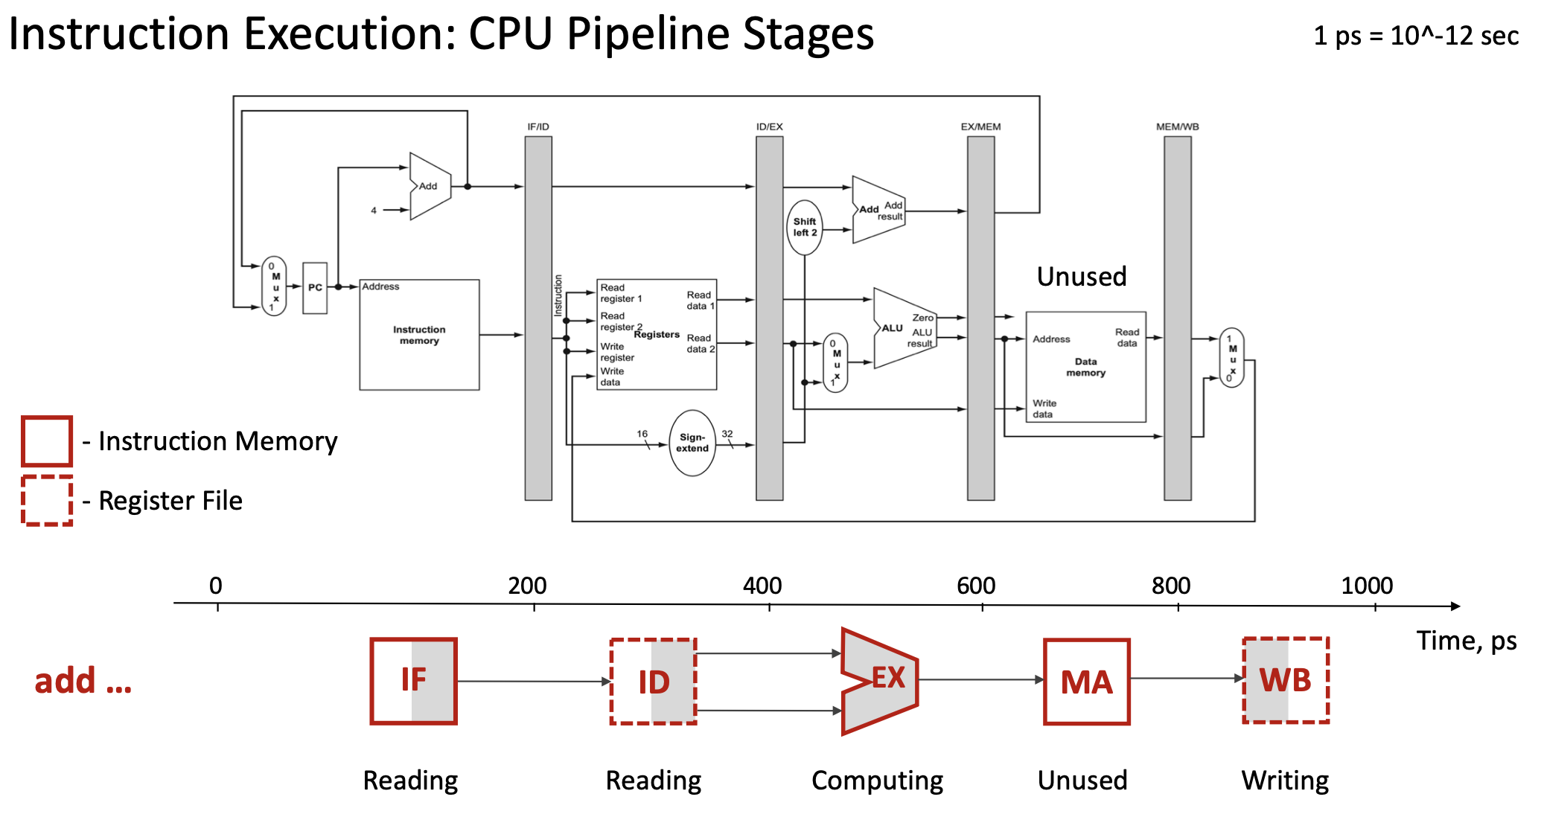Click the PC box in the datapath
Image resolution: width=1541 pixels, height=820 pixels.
[x=315, y=288]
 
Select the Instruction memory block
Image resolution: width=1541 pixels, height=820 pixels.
[x=419, y=335]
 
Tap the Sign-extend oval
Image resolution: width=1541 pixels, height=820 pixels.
[x=692, y=443]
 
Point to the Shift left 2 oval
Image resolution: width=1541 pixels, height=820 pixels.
[x=804, y=227]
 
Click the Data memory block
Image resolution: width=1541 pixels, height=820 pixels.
[x=1085, y=367]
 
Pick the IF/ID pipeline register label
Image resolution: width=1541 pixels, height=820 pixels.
[x=538, y=126]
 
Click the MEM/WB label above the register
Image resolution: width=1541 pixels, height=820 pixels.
[x=1177, y=126]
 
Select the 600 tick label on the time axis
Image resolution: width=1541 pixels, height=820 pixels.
[x=976, y=586]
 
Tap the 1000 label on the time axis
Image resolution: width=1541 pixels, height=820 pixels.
[x=1367, y=586]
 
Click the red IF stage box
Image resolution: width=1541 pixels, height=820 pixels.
[x=414, y=681]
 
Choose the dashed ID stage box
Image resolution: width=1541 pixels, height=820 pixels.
[x=654, y=682]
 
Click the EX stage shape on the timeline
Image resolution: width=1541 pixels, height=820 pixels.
[x=880, y=680]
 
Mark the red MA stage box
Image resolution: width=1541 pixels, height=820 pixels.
[x=1086, y=682]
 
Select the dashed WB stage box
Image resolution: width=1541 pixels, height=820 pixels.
[x=1286, y=680]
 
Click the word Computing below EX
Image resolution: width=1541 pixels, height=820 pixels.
[x=877, y=781]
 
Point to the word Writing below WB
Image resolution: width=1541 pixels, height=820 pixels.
[x=1285, y=781]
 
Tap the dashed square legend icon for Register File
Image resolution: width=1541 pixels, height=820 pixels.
[x=47, y=501]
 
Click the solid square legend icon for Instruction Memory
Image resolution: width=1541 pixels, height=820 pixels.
[x=47, y=441]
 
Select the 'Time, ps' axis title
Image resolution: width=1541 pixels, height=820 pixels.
[x=1466, y=641]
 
